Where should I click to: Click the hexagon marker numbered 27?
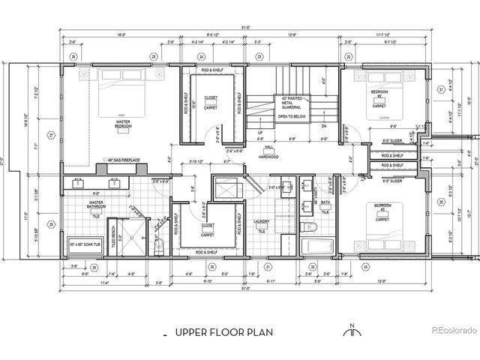tap(52, 135)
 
